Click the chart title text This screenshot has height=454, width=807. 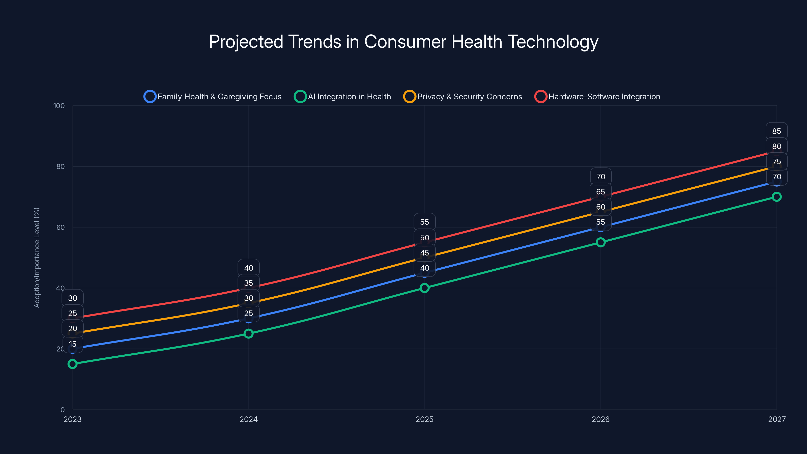(403, 42)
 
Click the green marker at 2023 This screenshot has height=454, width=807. (72, 364)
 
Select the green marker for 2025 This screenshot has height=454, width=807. (424, 288)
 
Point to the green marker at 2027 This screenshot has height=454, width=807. (777, 197)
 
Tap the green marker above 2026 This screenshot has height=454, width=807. (600, 242)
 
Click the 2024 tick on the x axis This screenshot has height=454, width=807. (248, 419)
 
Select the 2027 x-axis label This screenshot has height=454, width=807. (777, 419)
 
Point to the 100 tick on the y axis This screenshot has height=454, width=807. (59, 106)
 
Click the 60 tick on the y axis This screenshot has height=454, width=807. (61, 227)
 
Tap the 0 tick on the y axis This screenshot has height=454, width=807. (62, 410)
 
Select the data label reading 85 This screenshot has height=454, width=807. (777, 131)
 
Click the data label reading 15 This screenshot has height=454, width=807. (73, 344)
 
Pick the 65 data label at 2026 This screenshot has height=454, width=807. (600, 192)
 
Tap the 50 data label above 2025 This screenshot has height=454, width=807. (424, 238)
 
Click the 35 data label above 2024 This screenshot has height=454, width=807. (248, 283)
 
